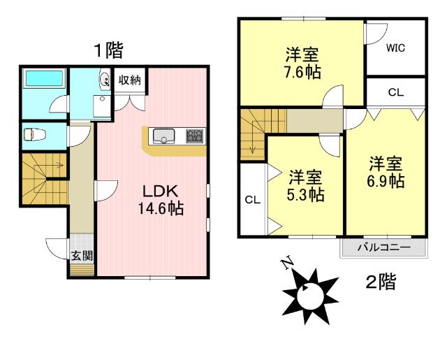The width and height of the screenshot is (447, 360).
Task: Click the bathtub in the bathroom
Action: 44,78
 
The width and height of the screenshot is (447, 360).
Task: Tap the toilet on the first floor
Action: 35,134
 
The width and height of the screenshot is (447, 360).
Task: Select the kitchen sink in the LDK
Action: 163,136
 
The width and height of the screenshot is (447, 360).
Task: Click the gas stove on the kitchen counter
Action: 196,136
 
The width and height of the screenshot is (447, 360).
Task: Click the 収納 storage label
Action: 130,80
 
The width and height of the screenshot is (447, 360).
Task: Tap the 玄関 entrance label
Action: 82,255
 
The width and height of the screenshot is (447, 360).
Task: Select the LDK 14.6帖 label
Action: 161,200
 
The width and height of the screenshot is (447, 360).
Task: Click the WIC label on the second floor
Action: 395,48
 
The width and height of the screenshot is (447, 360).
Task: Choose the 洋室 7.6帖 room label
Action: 302,64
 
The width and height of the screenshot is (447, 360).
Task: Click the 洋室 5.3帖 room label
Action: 306,186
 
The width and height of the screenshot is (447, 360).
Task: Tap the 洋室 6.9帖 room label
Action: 386,172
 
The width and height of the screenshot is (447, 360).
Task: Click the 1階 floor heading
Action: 109,50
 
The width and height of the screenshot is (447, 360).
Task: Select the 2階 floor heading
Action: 381,281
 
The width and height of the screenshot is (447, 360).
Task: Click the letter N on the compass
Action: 287,262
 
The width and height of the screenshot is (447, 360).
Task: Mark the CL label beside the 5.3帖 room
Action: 253,200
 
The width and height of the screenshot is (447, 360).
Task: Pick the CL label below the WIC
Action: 396,92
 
